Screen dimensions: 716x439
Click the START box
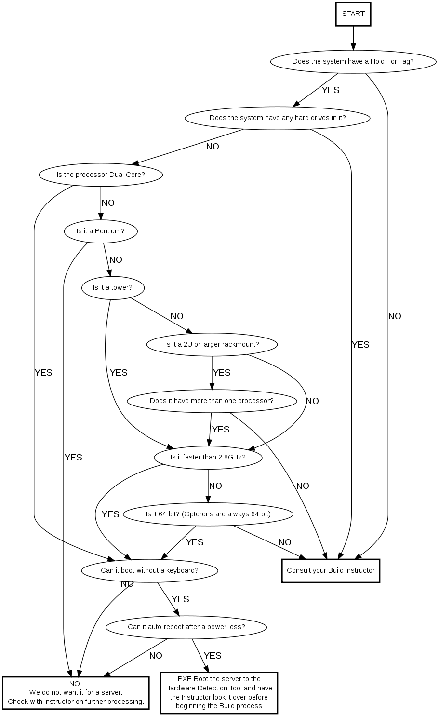353,14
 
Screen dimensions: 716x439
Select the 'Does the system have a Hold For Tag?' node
353,61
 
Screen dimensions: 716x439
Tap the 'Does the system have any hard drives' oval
278,118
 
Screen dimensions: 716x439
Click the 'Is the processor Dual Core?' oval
101,175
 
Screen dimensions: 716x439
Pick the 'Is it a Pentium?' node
101,231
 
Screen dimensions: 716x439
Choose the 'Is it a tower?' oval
113,288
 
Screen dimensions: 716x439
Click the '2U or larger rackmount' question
212,344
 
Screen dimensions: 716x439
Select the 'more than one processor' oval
212,401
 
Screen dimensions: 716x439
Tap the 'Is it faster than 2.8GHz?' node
208,458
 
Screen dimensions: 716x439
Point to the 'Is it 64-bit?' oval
208,514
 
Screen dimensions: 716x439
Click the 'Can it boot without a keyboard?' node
149,570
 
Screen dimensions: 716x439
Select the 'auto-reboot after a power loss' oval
186,627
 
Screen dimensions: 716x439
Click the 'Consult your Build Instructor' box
331,571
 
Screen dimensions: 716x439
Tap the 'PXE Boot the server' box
219,692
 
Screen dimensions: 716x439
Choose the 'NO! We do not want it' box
76,693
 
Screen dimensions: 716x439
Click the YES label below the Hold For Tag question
331,90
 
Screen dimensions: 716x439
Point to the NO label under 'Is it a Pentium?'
116,260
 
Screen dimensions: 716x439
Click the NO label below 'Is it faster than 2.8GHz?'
215,486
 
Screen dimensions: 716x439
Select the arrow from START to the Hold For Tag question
353,38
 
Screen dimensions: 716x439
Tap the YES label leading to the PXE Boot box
213,656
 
